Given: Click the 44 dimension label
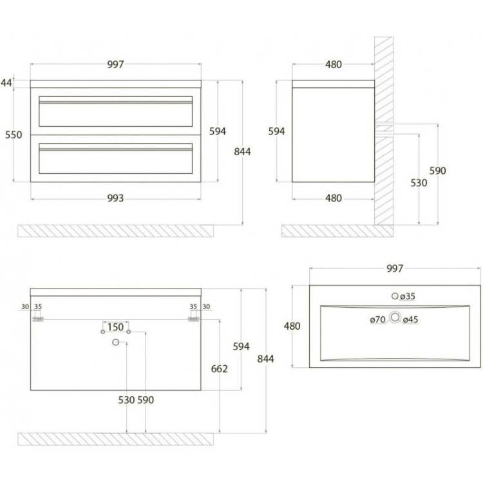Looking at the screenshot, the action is pos(6,82).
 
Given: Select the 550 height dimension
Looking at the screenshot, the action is pos(14,135).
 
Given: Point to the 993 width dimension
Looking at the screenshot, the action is pos(115,198).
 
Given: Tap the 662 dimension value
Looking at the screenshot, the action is pos(220,369).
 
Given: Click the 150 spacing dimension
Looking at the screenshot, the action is pos(115,327).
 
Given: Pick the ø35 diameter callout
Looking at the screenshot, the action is pos(408,296).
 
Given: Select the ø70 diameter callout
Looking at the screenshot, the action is pos(377,319).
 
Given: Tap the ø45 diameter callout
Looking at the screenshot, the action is pos(411,319).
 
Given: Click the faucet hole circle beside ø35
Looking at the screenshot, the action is pos(395,296).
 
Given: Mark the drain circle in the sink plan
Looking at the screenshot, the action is pos(395,317).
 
